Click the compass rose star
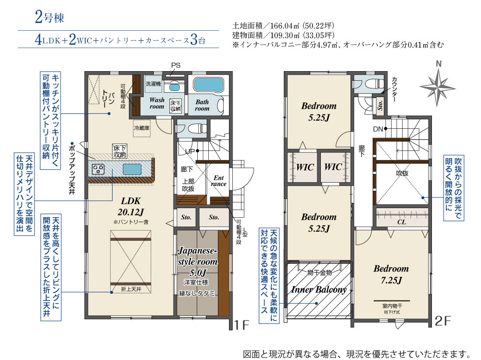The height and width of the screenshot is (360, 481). pyautogui.click(x=438, y=87)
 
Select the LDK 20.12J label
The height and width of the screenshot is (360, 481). pyautogui.click(x=131, y=206)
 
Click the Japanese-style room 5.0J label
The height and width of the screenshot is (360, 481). pyautogui.click(x=198, y=261)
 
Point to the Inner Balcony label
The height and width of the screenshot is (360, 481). pyautogui.click(x=319, y=290)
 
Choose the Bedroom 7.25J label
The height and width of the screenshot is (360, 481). pyautogui.click(x=391, y=274)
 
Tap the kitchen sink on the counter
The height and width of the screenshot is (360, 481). pyautogui.click(x=132, y=169)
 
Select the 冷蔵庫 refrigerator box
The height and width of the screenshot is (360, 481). pyautogui.click(x=142, y=128)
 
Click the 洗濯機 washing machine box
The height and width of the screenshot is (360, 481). pyautogui.click(x=153, y=84)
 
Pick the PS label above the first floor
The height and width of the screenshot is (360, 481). pyautogui.click(x=176, y=65)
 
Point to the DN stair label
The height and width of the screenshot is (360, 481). pyautogui.click(x=378, y=129)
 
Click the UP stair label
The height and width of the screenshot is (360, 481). pyautogui.click(x=190, y=151)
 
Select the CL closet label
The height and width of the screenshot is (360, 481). pyautogui.click(x=402, y=222)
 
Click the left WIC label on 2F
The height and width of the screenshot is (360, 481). pyautogui.click(x=305, y=167)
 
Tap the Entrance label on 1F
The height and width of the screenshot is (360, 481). pyautogui.click(x=218, y=181)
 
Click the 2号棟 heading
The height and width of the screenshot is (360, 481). pyautogui.click(x=50, y=17)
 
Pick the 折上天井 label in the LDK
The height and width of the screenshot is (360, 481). pyautogui.click(x=131, y=289)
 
